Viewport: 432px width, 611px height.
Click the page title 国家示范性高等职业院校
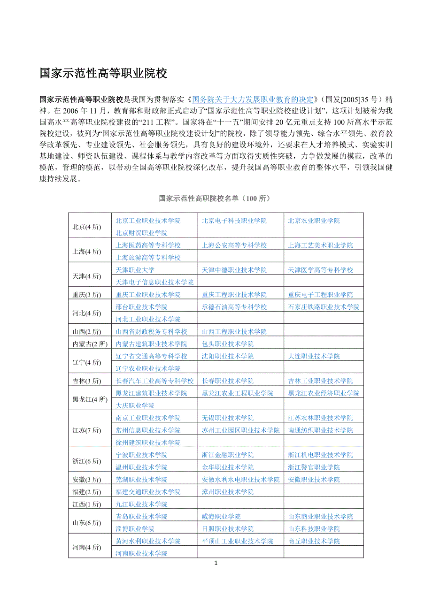pyautogui.click(x=103, y=73)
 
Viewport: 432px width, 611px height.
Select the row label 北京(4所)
pyautogui.click(x=87, y=227)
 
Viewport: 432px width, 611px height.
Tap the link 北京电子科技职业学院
pyautogui.click(x=234, y=221)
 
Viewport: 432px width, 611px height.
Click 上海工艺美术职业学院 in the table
pyautogui.click(x=320, y=245)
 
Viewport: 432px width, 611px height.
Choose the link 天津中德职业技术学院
pyautogui.click(x=234, y=270)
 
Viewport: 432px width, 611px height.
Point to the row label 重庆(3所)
pyautogui.click(x=87, y=295)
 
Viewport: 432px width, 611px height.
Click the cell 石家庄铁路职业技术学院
pyautogui.click(x=324, y=307)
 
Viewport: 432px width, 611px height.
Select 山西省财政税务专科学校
pyautogui.click(x=151, y=331)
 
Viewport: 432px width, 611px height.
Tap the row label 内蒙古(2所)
pyautogui.click(x=90, y=344)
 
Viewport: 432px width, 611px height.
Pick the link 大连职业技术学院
pyautogui.click(x=314, y=356)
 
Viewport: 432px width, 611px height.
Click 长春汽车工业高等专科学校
pyautogui.click(x=154, y=381)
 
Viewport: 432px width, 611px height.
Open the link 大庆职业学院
pyautogui.click(x=135, y=405)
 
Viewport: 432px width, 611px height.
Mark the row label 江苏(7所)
pyautogui.click(x=87, y=430)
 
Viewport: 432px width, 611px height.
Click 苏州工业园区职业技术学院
pyautogui.click(x=240, y=430)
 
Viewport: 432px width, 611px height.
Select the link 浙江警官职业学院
pyautogui.click(x=314, y=467)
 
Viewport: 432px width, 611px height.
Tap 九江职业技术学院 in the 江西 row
pyautogui.click(x=141, y=504)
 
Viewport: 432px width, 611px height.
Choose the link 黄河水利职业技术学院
pyautogui.click(x=148, y=541)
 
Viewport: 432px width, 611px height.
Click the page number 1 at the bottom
pyautogui.click(x=216, y=563)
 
